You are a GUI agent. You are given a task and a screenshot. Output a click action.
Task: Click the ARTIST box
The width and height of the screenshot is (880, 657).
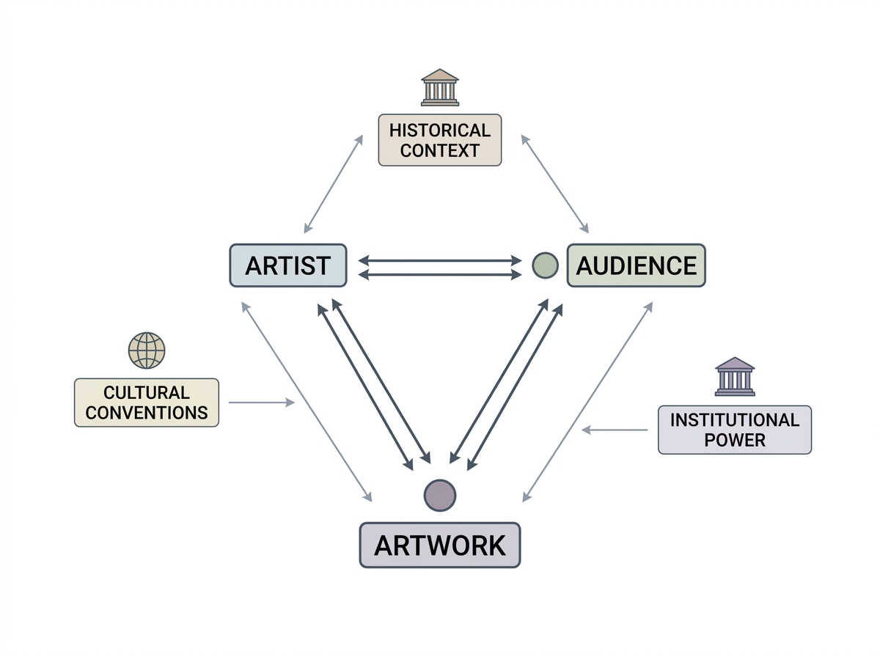click(288, 265)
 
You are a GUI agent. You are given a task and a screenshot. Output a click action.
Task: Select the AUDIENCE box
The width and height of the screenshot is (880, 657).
click(637, 265)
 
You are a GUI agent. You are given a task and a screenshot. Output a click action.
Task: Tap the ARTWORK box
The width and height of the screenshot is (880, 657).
click(440, 545)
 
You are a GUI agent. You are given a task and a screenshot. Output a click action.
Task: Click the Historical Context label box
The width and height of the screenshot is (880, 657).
click(440, 140)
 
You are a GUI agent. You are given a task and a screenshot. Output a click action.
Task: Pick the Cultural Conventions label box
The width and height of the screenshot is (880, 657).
click(147, 403)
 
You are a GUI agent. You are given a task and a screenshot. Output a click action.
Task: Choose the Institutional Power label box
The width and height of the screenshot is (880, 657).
click(735, 430)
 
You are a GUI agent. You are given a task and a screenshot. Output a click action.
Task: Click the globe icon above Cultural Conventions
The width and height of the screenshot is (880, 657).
click(147, 350)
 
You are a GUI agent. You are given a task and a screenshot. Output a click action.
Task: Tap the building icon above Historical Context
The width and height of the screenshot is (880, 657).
click(440, 87)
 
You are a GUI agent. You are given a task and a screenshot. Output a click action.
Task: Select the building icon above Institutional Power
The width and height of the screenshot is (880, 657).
click(735, 376)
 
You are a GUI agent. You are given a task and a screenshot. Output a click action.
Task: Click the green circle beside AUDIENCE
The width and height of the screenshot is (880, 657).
click(546, 265)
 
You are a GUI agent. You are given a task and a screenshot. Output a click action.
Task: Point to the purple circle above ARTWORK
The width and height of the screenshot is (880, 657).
click(440, 496)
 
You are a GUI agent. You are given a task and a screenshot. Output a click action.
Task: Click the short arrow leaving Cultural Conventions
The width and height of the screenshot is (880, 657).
click(261, 402)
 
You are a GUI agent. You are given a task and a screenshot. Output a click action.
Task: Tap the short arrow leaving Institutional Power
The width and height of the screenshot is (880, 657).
click(615, 430)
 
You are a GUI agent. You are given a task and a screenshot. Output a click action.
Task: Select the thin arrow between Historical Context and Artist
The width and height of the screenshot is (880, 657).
click(334, 183)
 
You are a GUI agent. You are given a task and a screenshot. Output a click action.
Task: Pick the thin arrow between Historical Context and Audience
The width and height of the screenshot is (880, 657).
click(555, 183)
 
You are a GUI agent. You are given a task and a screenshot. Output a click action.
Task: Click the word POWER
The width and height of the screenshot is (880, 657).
click(735, 440)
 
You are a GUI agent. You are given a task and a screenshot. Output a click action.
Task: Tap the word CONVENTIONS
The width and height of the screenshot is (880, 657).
click(147, 413)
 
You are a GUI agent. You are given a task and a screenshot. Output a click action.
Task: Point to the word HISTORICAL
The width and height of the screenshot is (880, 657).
click(440, 131)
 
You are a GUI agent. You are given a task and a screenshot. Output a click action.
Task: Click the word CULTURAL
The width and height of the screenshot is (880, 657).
click(147, 392)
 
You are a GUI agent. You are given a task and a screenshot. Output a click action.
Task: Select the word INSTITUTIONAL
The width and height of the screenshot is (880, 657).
click(735, 419)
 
